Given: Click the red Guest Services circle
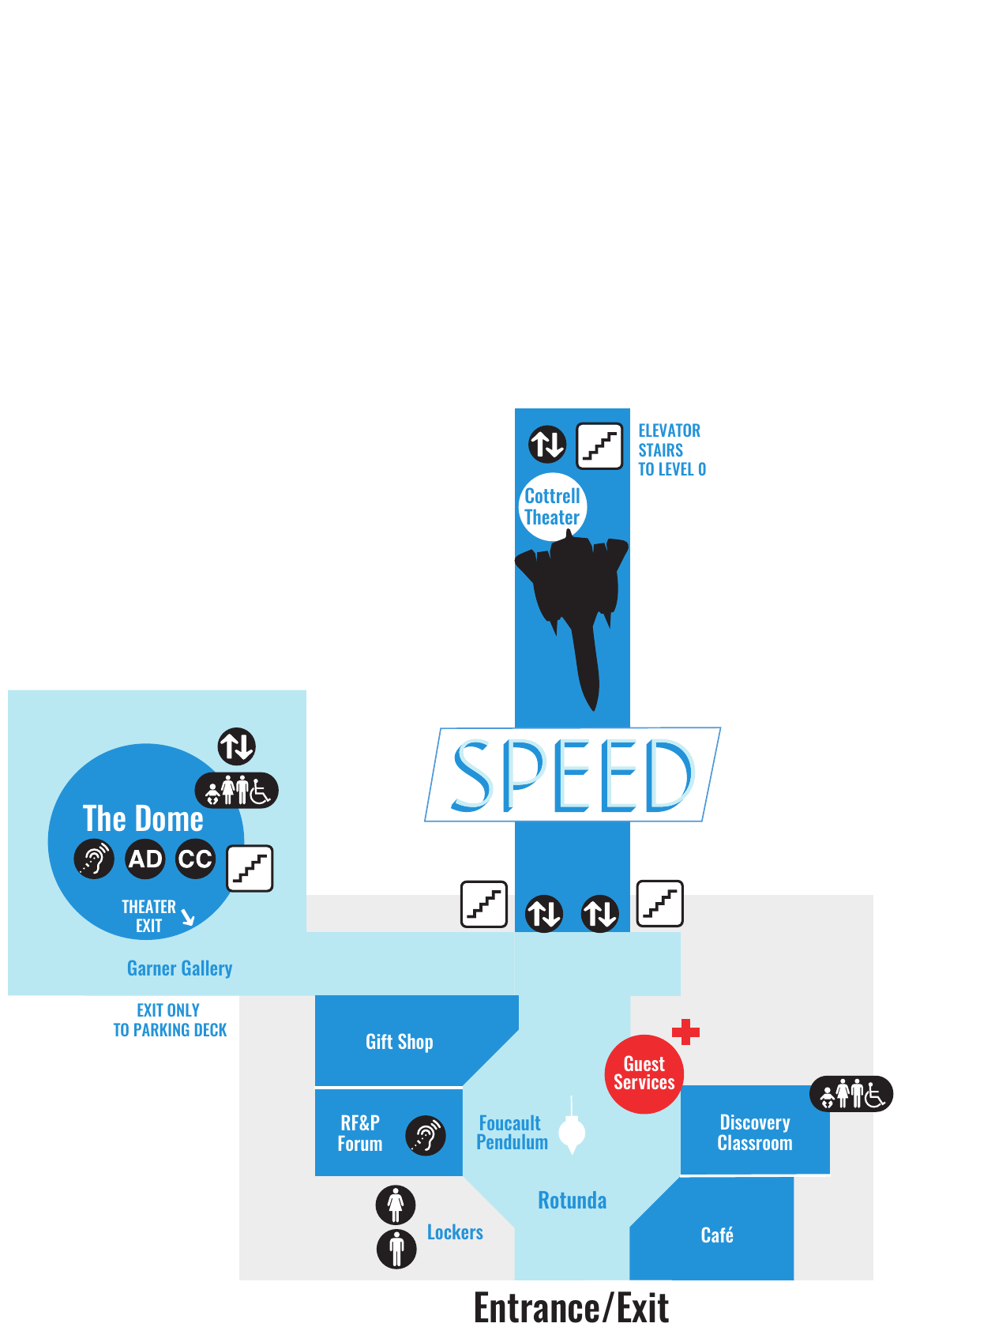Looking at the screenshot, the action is click(644, 1073).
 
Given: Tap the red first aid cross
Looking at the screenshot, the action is click(685, 1032).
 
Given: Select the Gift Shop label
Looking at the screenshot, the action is click(399, 1042).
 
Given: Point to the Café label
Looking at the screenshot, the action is click(716, 1235).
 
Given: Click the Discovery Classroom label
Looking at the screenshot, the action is click(754, 1133).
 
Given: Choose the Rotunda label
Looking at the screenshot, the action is click(572, 1200).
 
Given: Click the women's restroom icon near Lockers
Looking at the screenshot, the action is click(395, 1205).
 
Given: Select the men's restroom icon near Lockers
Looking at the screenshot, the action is click(396, 1249).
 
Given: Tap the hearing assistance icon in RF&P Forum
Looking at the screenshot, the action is click(425, 1135).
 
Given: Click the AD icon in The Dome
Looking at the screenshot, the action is click(145, 859).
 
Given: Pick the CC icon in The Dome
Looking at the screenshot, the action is click(195, 859).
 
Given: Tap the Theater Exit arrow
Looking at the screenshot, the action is click(188, 916).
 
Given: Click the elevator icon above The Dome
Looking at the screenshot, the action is click(236, 746).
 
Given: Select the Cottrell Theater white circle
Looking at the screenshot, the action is click(551, 506).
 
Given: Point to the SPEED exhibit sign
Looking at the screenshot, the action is click(572, 774).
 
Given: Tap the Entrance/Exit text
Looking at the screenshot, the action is click(571, 1307).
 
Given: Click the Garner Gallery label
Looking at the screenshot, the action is click(179, 968).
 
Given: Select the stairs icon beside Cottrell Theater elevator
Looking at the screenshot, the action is click(599, 445).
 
